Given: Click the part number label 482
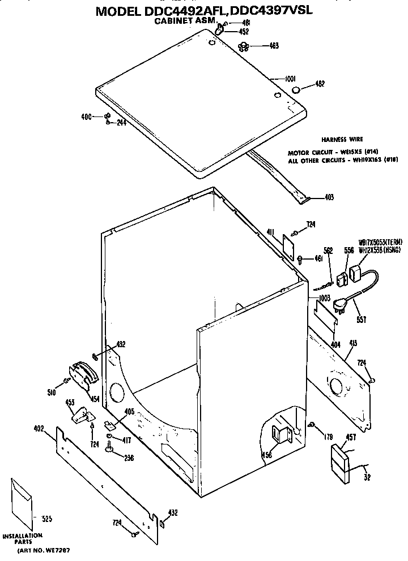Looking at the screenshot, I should point(320,84).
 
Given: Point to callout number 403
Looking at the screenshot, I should point(329,197).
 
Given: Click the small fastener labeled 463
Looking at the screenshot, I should point(244,46).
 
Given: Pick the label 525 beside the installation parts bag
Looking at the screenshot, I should point(46,518).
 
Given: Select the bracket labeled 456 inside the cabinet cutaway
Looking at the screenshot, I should point(282,434).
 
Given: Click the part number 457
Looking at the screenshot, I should point(351,436).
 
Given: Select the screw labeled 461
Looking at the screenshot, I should point(300,259).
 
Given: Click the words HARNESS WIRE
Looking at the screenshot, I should point(342,139).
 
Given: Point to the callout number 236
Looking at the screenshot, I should point(129,458).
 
